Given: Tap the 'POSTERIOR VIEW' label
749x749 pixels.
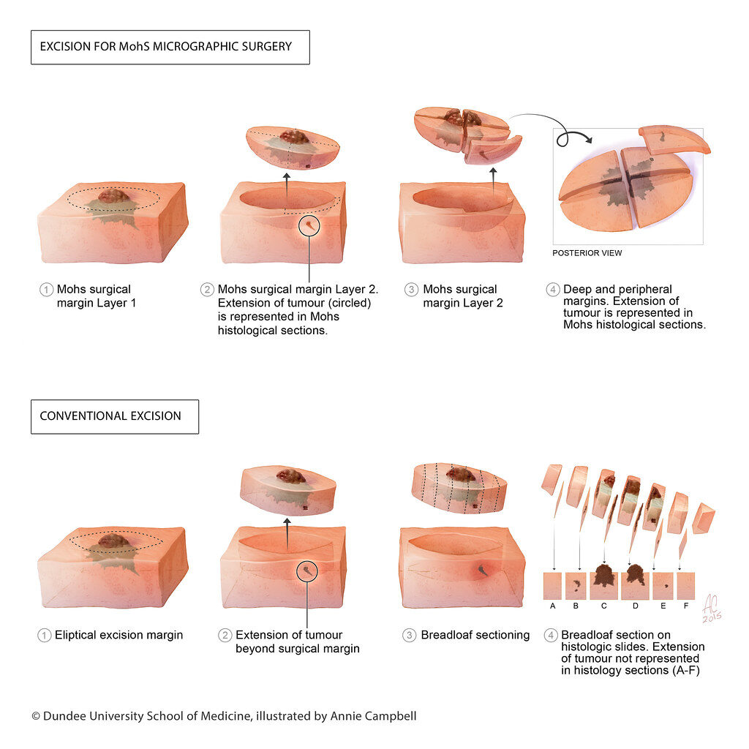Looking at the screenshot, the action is (587, 253).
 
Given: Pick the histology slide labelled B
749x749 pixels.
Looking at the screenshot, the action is (576, 586).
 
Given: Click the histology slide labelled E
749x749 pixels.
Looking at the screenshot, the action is (663, 586).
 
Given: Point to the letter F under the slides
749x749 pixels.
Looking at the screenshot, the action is (686, 606).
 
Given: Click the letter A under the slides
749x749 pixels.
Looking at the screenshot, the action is (553, 606).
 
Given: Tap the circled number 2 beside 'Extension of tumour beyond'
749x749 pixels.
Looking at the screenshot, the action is (225, 636).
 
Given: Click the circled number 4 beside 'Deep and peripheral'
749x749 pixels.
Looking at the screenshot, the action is (553, 290).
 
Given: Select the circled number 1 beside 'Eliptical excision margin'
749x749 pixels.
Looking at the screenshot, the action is (45, 636).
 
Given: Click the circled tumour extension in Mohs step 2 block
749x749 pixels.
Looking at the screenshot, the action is (309, 225).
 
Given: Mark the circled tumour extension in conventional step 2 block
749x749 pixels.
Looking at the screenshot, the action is (307, 571).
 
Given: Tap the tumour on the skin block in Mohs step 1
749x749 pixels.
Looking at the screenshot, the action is (113, 196).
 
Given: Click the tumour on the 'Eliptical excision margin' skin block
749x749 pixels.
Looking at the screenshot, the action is (113, 541).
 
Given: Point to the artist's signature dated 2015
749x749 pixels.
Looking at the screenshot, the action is (712, 608).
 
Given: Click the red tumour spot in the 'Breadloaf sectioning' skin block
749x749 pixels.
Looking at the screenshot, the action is (483, 570).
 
